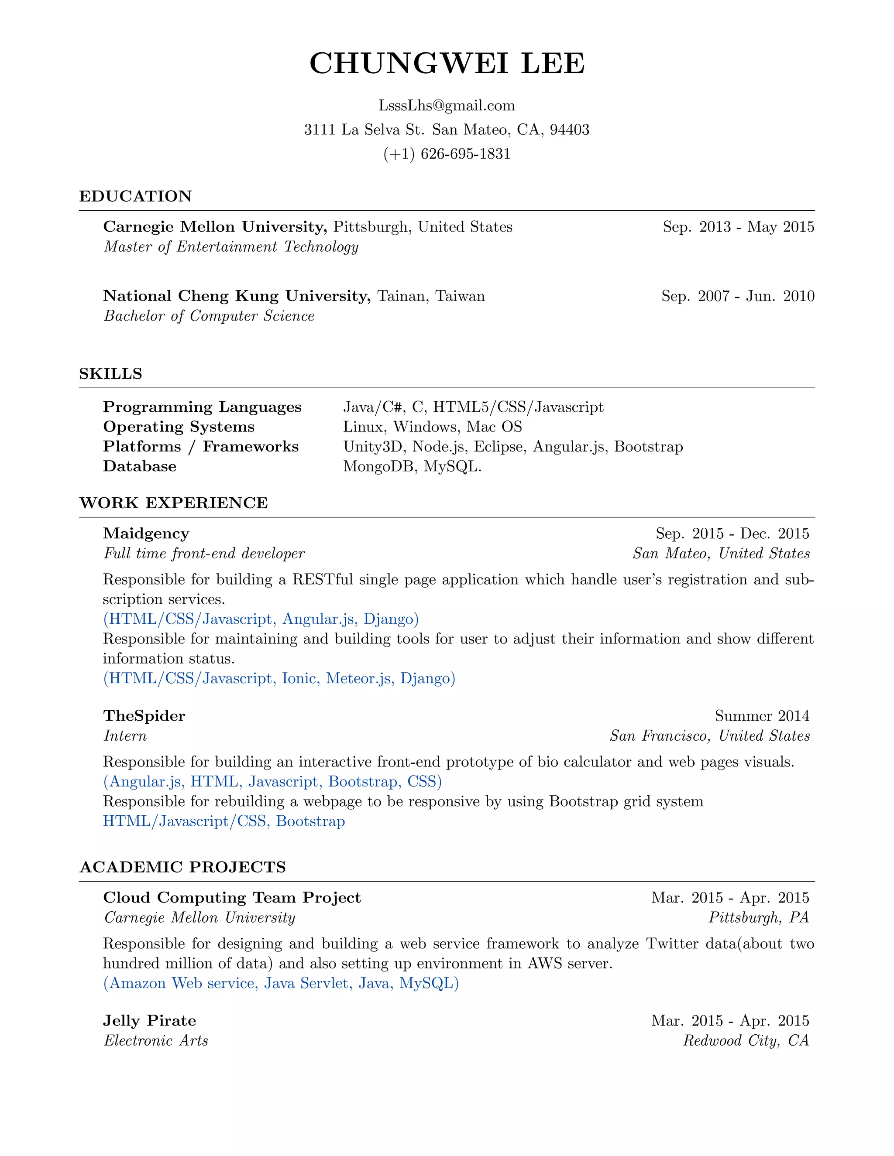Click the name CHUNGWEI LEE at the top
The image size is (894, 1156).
tap(447, 64)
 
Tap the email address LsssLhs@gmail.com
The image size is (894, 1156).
tap(447, 106)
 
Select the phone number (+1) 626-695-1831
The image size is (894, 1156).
tap(447, 154)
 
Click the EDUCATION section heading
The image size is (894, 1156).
tap(136, 196)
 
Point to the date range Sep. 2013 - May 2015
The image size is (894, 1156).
tap(738, 227)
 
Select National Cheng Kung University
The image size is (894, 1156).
tap(237, 296)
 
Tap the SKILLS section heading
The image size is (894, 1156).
tap(111, 374)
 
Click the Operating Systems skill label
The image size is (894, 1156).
tap(179, 427)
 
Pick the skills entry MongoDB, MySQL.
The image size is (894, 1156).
tap(412, 466)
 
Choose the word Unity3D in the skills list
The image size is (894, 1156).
tap(375, 447)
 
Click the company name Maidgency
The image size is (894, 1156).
tap(146, 534)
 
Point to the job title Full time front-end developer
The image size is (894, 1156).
tap(204, 554)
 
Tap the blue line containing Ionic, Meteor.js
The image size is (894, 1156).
tap(279, 679)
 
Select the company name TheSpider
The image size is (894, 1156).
tap(144, 716)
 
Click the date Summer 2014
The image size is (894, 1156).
tap(762, 716)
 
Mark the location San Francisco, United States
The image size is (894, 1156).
tap(710, 736)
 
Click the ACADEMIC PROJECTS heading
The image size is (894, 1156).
tap(183, 867)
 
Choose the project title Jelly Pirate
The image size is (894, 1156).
tap(149, 1021)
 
